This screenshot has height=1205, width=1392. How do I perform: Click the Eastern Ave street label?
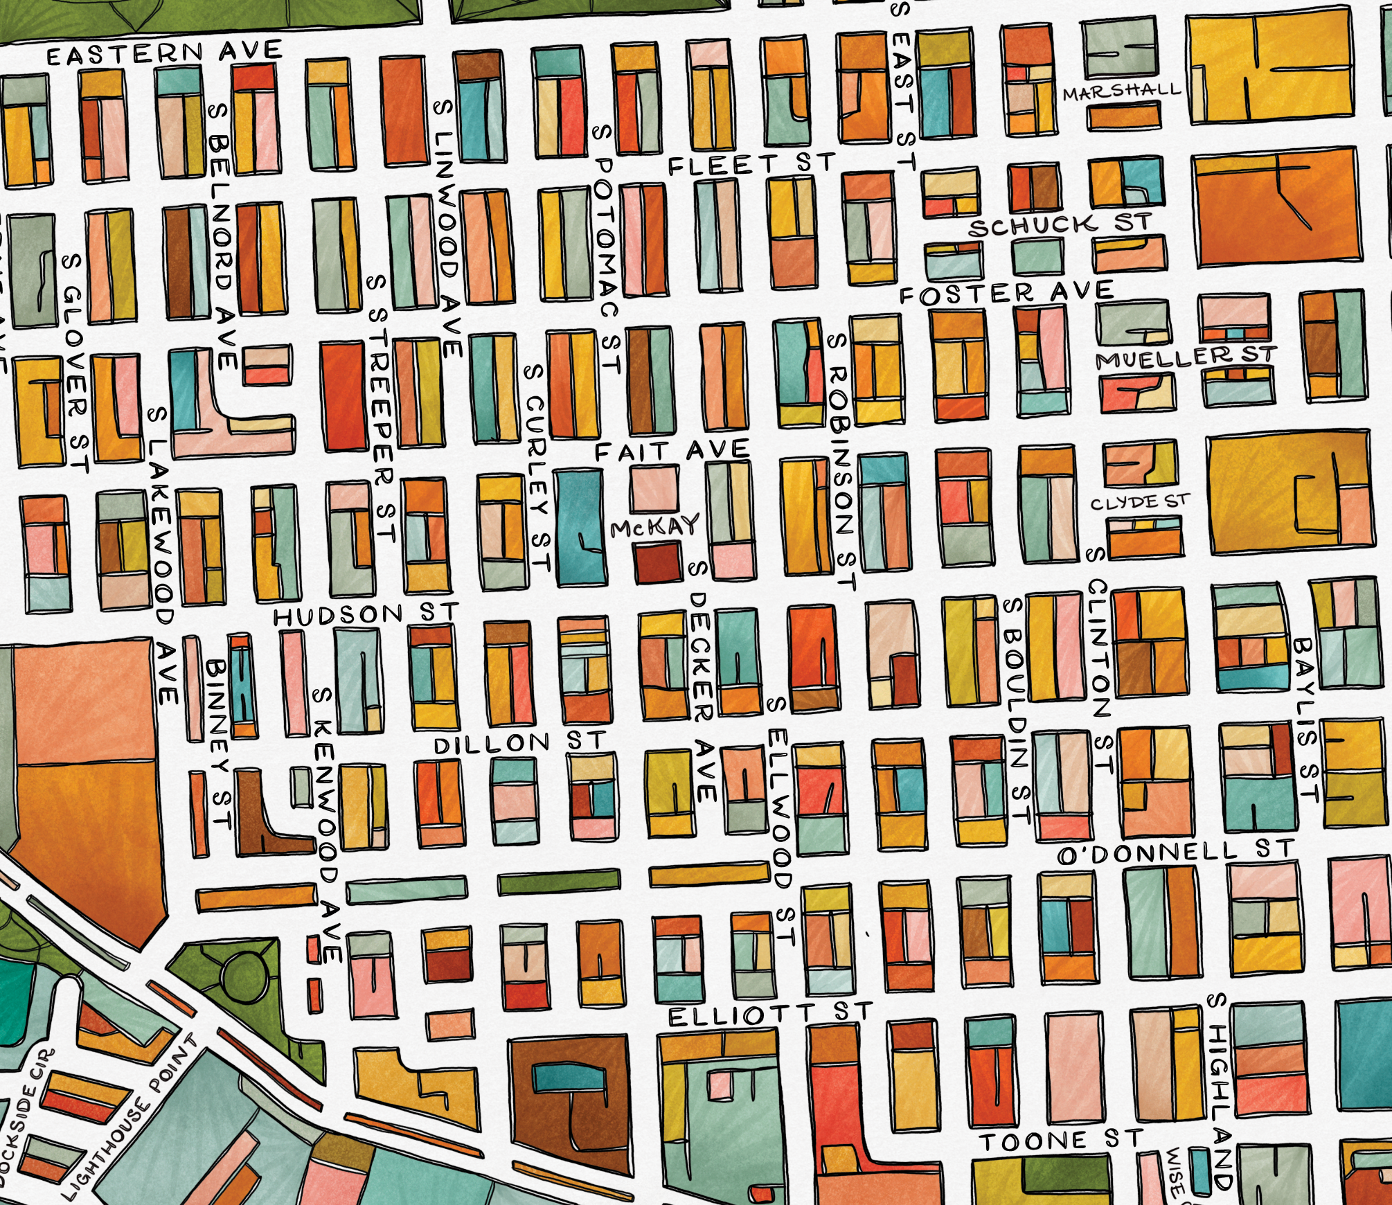pos(164,53)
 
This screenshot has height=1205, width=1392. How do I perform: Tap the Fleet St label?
pos(751,165)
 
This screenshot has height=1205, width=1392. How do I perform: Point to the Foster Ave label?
pos(1006,293)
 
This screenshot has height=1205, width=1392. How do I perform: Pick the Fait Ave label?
pos(672,451)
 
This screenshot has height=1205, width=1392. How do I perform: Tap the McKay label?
pos(655,527)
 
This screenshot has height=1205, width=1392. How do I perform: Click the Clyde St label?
pos(1140,502)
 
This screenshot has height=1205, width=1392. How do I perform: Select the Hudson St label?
pos(366,614)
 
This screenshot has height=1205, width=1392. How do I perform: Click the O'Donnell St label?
pos(1175,852)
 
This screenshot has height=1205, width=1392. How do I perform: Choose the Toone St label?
pos(1060,1140)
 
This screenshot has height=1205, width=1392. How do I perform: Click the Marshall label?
pos(1122,91)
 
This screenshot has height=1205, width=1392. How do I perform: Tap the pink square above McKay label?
pos(654,488)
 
